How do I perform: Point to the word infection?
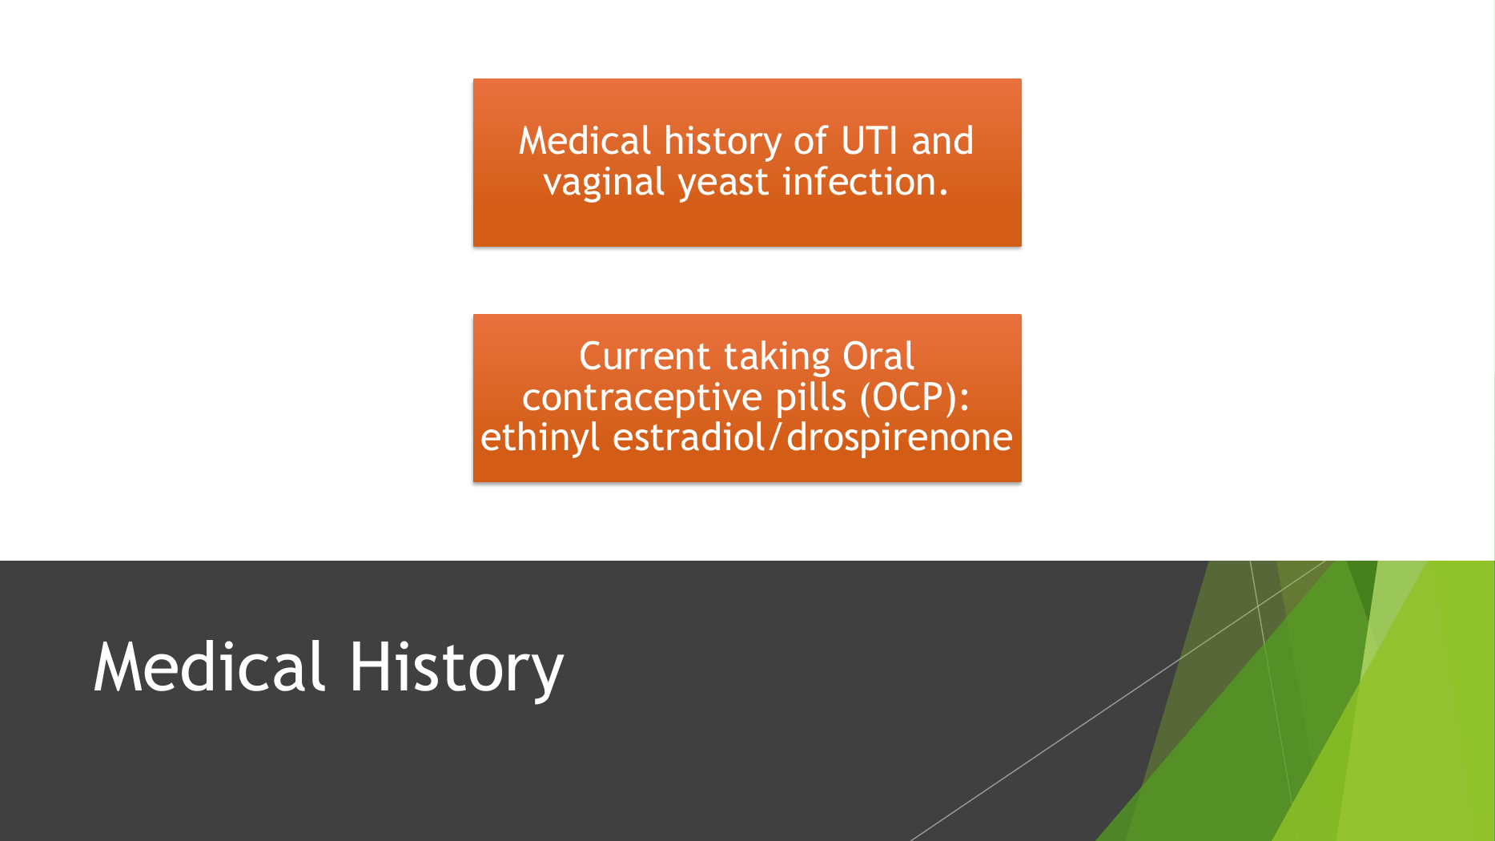(x=865, y=181)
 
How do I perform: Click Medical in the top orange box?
(x=585, y=141)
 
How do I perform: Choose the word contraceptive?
(x=644, y=398)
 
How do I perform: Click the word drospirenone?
(x=899, y=438)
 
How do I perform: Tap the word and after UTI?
(x=942, y=142)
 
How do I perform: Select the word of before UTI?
(x=810, y=141)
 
